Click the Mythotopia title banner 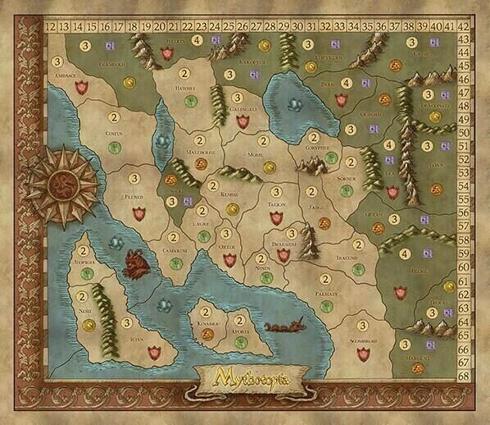(x=245, y=380)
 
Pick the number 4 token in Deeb (x=347, y=83)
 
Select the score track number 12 (x=51, y=26)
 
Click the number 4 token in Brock (x=408, y=254)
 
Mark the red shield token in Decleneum (x=284, y=257)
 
